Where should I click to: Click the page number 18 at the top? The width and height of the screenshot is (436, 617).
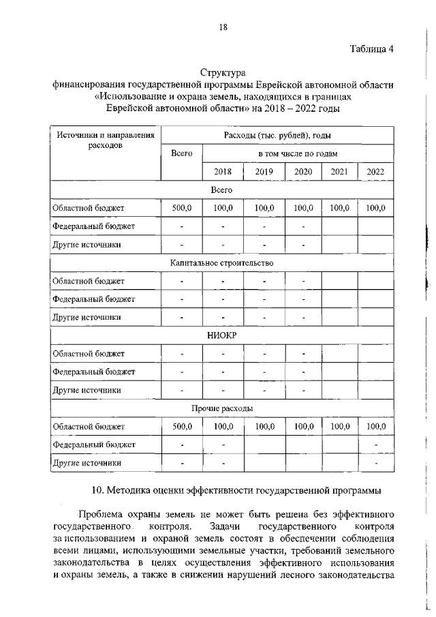pos(222,27)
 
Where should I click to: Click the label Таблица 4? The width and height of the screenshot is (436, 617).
pos(372,48)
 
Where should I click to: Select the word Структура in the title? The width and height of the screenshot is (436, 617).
pos(222,72)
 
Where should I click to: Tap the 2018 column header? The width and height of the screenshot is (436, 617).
pos(223,172)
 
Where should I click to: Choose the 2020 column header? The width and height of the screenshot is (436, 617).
pos(303,172)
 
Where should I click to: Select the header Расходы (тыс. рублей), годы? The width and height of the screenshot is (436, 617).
pos(277,136)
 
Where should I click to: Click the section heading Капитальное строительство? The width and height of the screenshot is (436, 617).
pos(221,262)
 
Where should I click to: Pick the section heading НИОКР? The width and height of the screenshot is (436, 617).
pos(221,335)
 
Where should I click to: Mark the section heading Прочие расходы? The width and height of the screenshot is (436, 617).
pos(221,408)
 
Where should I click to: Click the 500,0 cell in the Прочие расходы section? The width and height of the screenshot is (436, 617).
pos(182,426)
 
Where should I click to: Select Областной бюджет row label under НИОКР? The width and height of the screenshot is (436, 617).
pos(89,353)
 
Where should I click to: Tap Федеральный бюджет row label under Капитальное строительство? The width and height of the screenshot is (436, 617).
pos(93,299)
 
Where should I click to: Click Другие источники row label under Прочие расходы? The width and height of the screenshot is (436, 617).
pos(87,462)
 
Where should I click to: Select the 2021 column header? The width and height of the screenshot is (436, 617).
pos(339,172)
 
